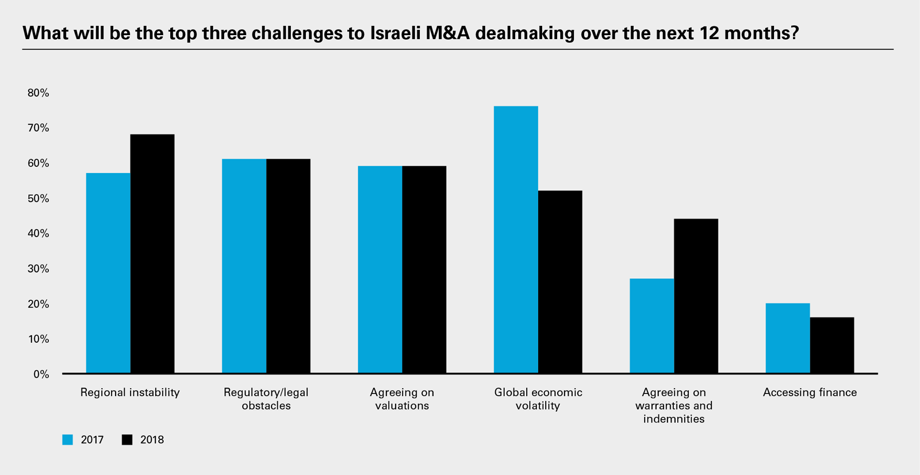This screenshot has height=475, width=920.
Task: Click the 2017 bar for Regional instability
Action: [x=108, y=273]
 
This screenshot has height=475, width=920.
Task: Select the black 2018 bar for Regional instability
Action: [x=152, y=254]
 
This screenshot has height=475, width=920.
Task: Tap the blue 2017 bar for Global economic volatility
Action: [x=516, y=240]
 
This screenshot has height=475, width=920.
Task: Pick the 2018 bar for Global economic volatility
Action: [x=560, y=282]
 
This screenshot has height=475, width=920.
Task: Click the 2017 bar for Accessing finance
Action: [x=788, y=338]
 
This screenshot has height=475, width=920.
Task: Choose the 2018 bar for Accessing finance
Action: [x=832, y=345]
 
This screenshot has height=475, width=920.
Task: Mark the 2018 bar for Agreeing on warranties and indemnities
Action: [x=696, y=296]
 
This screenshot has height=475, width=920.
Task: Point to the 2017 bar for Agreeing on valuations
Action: [x=380, y=270]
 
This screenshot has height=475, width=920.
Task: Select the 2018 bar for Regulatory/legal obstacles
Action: [x=288, y=266]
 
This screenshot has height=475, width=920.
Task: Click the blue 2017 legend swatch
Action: [x=68, y=440]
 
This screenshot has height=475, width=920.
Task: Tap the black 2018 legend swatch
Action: [x=127, y=440]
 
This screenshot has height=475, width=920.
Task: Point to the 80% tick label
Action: [x=38, y=93]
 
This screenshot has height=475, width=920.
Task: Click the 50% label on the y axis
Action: [x=38, y=198]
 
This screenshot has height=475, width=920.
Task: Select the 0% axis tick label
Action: [x=41, y=374]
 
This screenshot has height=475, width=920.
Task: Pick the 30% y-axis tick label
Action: [x=38, y=269]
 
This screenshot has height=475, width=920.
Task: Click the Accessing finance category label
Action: [x=810, y=392]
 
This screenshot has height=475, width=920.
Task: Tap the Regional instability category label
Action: [x=130, y=392]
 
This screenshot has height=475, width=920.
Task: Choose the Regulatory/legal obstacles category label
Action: [x=266, y=399]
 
